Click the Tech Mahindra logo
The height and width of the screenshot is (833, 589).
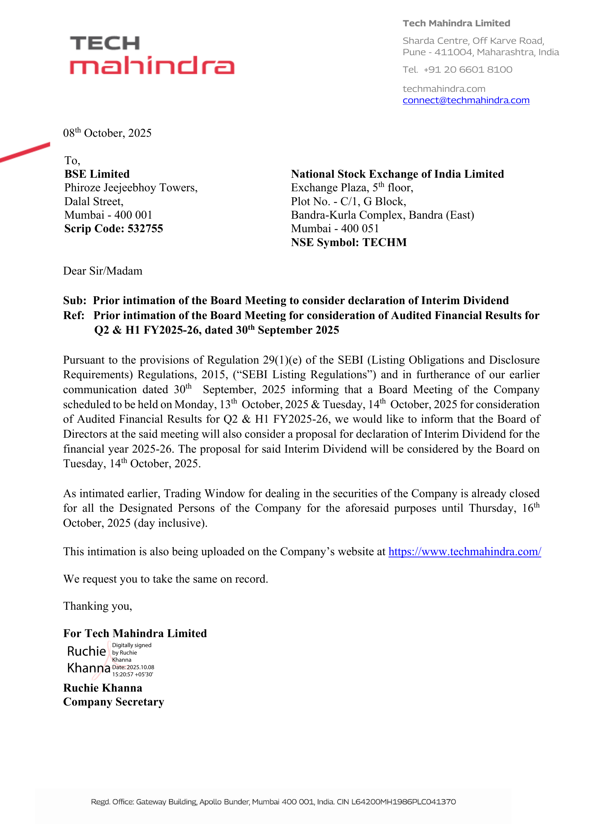tap(152, 55)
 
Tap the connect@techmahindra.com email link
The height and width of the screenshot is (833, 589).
tap(466, 100)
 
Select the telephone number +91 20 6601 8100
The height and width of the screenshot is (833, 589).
tap(468, 70)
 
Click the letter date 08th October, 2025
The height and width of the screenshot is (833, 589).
tap(107, 133)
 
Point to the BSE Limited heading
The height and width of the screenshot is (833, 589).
tap(97, 174)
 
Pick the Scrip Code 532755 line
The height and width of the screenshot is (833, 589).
tap(114, 229)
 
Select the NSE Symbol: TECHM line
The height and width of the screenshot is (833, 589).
tap(349, 243)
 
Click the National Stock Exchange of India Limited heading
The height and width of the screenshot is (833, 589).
tap(397, 174)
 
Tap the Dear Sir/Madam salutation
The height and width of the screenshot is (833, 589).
tap(103, 271)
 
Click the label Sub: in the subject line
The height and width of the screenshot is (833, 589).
tap(75, 301)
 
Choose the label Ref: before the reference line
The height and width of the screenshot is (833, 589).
tap(74, 315)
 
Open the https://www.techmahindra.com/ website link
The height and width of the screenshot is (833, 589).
tap(465, 551)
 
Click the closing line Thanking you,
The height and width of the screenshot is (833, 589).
tap(98, 606)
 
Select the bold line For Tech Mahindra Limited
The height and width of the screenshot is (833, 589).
tap(135, 633)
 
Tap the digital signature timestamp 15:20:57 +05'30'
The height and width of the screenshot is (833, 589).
tap(132, 675)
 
